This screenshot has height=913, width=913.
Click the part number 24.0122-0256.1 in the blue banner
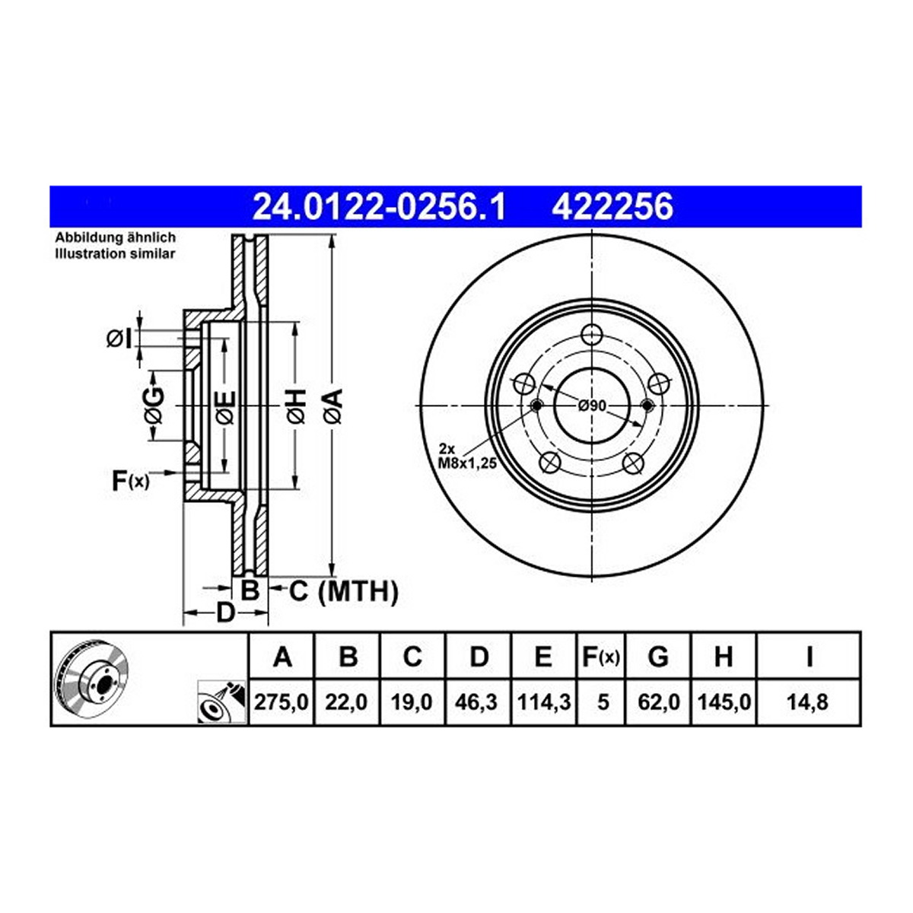379,207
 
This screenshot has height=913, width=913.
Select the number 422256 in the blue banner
612,207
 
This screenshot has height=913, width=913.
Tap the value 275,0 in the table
282,701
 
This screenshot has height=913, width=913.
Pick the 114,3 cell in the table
543,701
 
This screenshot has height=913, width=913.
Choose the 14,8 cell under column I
807,701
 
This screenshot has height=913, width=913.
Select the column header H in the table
724,657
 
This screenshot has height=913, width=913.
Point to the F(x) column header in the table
600,657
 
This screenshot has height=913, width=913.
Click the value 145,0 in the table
724,701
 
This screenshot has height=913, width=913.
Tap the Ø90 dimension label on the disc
592,405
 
